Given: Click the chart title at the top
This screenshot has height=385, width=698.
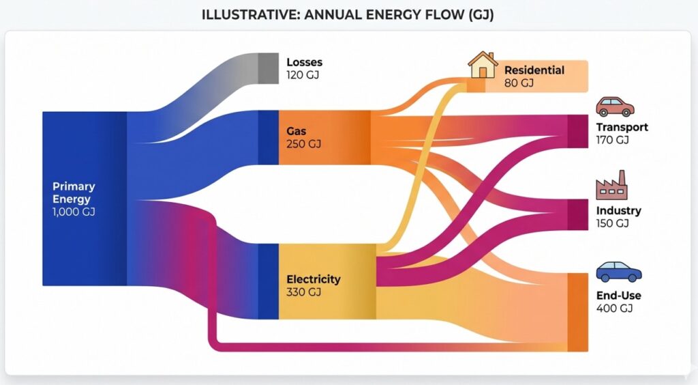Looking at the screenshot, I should pyautogui.click(x=348, y=15).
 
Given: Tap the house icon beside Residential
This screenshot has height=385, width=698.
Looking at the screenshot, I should pyautogui.click(x=482, y=66).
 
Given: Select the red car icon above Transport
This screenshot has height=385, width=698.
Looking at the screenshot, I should pyautogui.click(x=615, y=106).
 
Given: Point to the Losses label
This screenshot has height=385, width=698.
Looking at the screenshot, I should pyautogui.click(x=304, y=62).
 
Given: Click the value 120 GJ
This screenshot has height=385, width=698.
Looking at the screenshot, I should pyautogui.click(x=303, y=75).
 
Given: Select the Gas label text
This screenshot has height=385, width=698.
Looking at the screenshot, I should pyautogui.click(x=296, y=130).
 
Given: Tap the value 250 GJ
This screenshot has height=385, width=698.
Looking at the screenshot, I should pyautogui.click(x=304, y=144).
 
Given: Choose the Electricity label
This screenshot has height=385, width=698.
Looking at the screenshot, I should pyautogui.click(x=313, y=279).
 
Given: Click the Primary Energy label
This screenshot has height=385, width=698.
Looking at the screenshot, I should pyautogui.click(x=74, y=192).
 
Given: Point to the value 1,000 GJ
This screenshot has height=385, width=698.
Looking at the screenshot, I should pyautogui.click(x=74, y=212).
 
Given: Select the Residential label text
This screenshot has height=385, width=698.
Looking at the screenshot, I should pyautogui.click(x=534, y=70).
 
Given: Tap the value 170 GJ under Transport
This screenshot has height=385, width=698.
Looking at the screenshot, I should pyautogui.click(x=612, y=140).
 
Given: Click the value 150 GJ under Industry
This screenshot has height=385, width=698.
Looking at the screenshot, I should pyautogui.click(x=611, y=223).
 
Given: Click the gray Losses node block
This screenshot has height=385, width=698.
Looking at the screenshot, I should pyautogui.click(x=268, y=68).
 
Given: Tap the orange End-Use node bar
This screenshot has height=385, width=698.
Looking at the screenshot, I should pyautogui.click(x=577, y=312).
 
